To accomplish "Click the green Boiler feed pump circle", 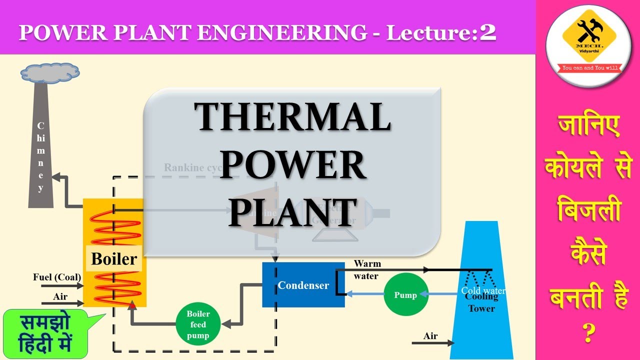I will click(x=198, y=323).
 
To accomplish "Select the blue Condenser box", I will click(x=303, y=285).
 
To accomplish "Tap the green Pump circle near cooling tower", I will click(x=406, y=295).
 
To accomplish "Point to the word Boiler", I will click(x=114, y=259).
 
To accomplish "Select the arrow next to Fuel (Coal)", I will click(x=62, y=286).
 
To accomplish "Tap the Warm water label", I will click(x=367, y=269).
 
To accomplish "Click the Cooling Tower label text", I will click(x=481, y=302).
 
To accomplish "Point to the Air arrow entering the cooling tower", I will click(x=433, y=343).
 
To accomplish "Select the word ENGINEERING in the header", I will click(x=281, y=33).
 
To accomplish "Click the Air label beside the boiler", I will click(x=60, y=296).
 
